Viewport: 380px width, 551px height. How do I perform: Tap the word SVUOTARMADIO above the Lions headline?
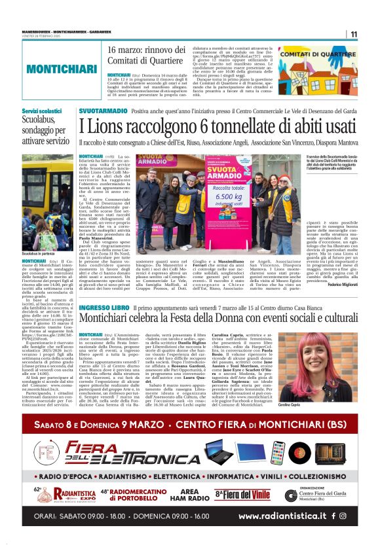(104, 112)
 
